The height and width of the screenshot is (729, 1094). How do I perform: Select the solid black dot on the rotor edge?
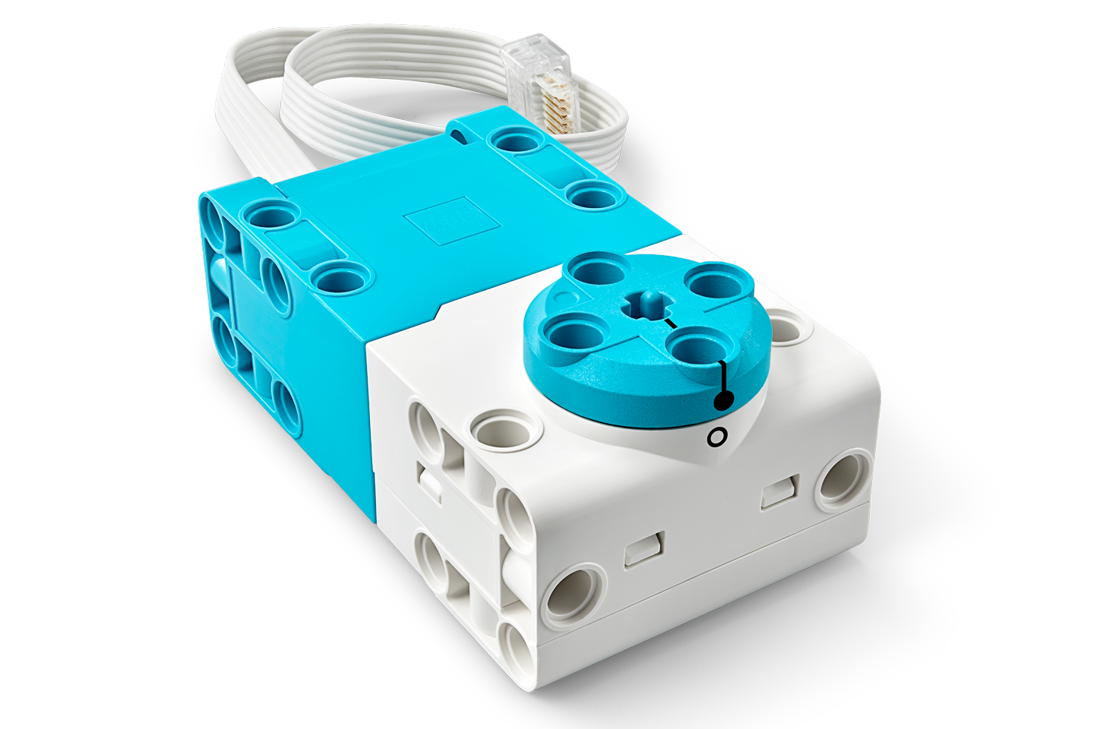[722, 400]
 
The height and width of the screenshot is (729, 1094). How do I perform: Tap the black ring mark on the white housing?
[716, 437]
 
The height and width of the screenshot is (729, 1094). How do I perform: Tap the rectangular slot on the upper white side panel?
[779, 491]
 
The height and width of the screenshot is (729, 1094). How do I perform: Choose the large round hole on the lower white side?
[574, 594]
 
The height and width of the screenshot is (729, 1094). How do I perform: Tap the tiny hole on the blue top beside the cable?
[458, 135]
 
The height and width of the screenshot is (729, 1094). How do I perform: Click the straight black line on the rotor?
[723, 377]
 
